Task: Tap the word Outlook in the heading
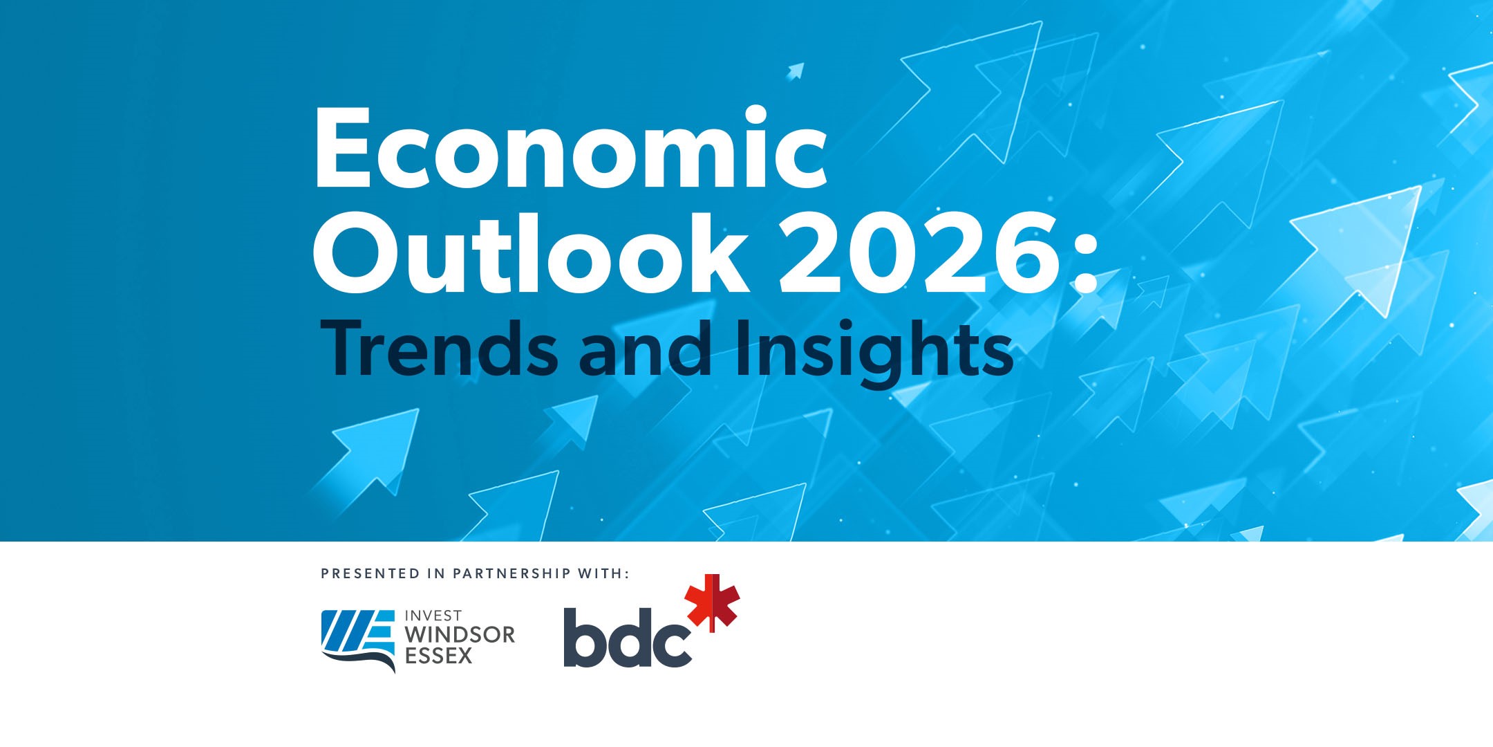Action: click(x=530, y=252)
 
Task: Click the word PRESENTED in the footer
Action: click(x=370, y=573)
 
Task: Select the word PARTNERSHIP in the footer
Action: click(x=511, y=573)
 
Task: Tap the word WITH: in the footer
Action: click(x=603, y=573)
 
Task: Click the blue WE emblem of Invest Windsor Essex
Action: click(x=359, y=640)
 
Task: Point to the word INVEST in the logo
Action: click(x=433, y=616)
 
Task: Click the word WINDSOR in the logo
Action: click(x=460, y=635)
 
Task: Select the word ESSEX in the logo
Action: click(x=439, y=656)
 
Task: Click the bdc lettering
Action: click(x=628, y=637)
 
